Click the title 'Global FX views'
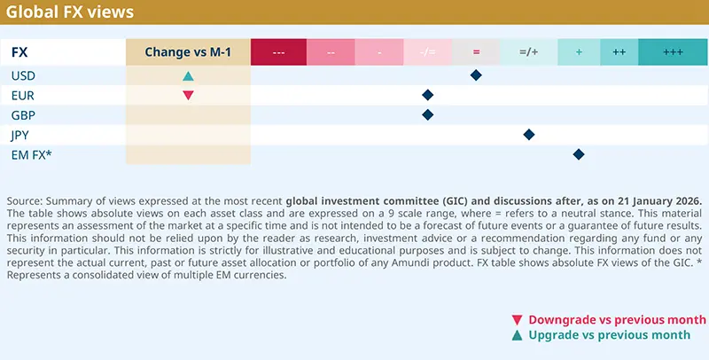click(x=70, y=12)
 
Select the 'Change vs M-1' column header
click(x=188, y=52)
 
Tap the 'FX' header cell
click(x=19, y=52)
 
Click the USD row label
click(x=23, y=75)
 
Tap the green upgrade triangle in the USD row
click(x=188, y=76)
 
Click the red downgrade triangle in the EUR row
click(x=188, y=95)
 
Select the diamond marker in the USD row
click(x=476, y=75)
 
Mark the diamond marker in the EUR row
click(x=428, y=95)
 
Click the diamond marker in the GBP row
click(x=428, y=114)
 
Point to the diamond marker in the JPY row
click(x=529, y=135)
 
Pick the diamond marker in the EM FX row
click(x=579, y=154)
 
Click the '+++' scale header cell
click(x=673, y=52)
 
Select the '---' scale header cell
click(x=278, y=52)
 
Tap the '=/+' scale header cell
click(x=529, y=52)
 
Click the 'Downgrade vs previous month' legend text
click(x=617, y=319)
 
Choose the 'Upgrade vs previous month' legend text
click(x=609, y=334)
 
